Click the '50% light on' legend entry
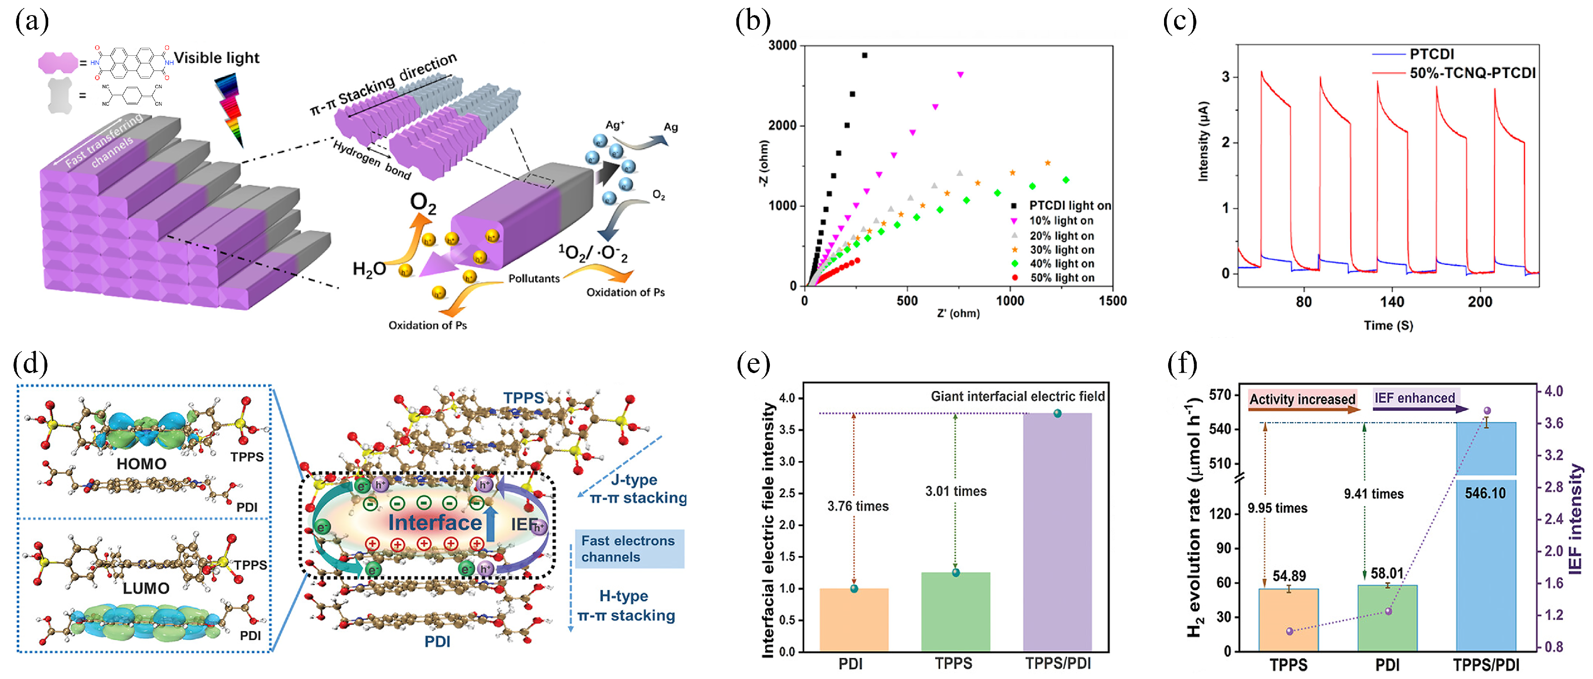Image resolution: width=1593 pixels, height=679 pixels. point(1061,278)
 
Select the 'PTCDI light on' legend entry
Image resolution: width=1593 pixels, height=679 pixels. point(1069,206)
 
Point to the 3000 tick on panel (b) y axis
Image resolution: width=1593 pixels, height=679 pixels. point(782,46)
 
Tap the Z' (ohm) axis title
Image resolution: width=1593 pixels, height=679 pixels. point(958,313)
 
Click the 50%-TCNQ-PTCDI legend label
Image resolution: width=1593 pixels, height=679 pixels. point(1472,73)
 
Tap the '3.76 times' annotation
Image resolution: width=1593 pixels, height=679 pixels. point(858,506)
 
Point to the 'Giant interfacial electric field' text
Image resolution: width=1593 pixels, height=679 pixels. point(1017,396)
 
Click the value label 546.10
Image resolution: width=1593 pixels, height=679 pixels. point(1485,494)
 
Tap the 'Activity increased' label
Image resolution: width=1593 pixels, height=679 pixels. point(1302,399)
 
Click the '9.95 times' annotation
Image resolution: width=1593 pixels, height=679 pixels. point(1277,508)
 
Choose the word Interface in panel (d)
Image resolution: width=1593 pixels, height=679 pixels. point(435,523)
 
